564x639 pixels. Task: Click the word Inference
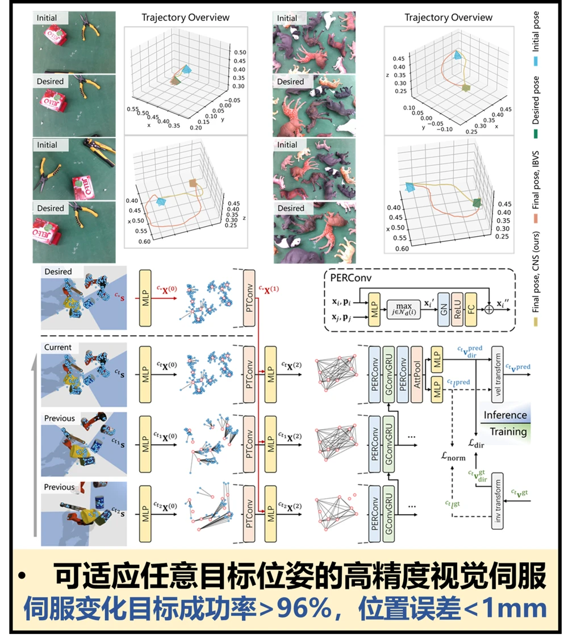505,415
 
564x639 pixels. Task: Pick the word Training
508,432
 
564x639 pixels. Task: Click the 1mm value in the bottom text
513,609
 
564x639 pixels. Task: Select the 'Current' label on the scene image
58,347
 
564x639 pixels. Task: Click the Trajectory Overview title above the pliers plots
185,18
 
